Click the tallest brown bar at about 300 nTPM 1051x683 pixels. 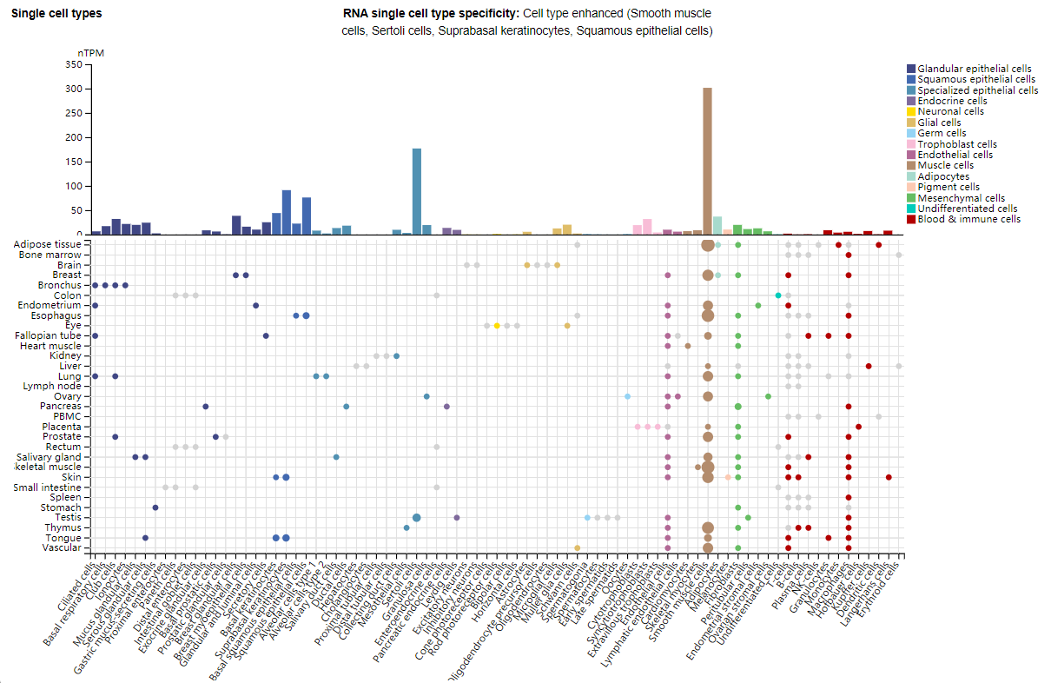pos(707,161)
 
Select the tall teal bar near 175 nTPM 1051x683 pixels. pos(417,191)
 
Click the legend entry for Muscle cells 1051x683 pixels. pos(944,165)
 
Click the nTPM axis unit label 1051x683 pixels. pos(91,53)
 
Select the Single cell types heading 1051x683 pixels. pos(56,14)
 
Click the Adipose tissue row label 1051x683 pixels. pos(49,245)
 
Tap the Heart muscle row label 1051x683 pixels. pos(51,346)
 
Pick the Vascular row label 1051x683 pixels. pos(62,547)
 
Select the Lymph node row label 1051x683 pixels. pos(55,386)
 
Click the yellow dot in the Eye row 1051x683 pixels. pos(497,326)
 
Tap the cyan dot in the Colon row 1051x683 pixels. pos(778,295)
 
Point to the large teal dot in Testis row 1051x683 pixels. pos(417,518)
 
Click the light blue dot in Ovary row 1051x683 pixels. pos(627,396)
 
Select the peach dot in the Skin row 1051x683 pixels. pos(728,477)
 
